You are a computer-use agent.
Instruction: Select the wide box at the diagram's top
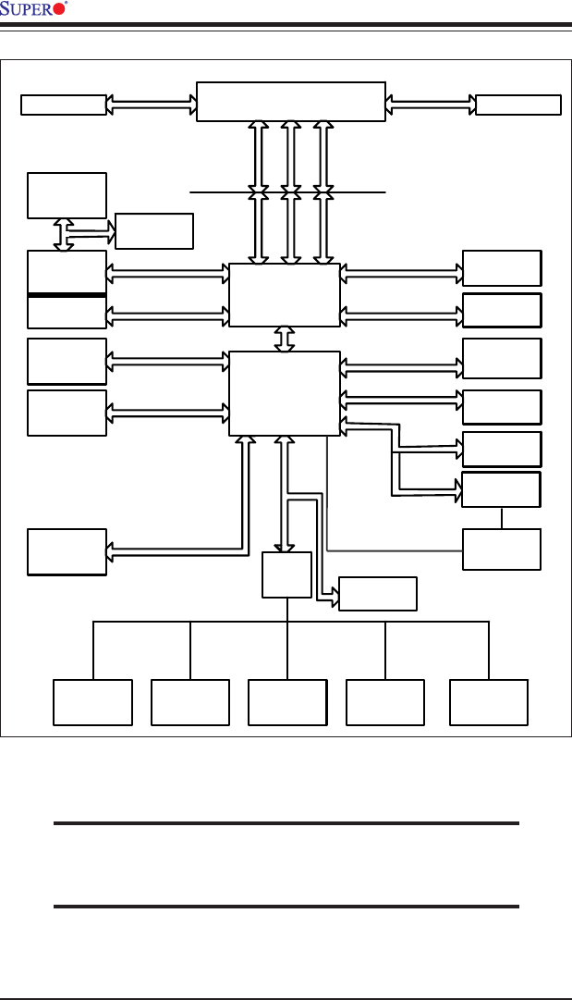pyautogui.click(x=291, y=101)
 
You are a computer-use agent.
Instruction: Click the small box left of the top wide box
pyautogui.click(x=63, y=105)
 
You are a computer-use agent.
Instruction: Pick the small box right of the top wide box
pyautogui.click(x=518, y=105)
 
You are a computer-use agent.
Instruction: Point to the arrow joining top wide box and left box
pyautogui.click(x=152, y=105)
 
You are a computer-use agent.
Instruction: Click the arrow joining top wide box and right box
pyautogui.click(x=430, y=105)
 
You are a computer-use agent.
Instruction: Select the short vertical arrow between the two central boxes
pyautogui.click(x=285, y=339)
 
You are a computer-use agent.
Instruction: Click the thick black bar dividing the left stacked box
pyautogui.click(x=67, y=295)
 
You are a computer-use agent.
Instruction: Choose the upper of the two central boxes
pyautogui.click(x=284, y=295)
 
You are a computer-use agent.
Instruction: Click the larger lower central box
pyautogui.click(x=284, y=392)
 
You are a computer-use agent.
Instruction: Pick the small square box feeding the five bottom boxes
pyautogui.click(x=287, y=575)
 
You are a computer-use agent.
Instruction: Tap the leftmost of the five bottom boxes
pyautogui.click(x=92, y=702)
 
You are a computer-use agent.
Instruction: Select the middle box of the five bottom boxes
pyautogui.click(x=287, y=702)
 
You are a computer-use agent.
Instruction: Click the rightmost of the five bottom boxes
pyautogui.click(x=489, y=702)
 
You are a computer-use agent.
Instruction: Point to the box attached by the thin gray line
pyautogui.click(x=502, y=549)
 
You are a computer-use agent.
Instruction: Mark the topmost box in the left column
pyautogui.click(x=67, y=194)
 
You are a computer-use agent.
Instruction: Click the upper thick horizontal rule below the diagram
pyautogui.click(x=286, y=822)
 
